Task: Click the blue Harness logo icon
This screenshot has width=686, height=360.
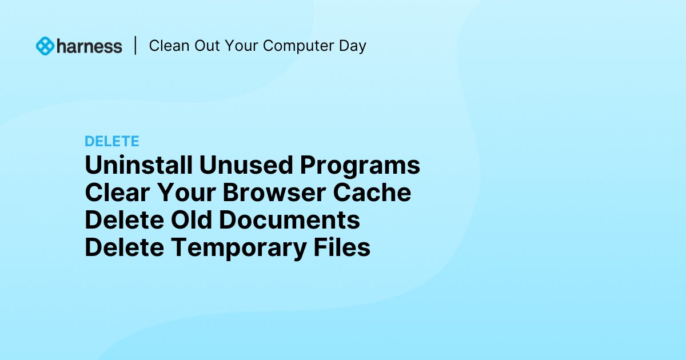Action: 45,46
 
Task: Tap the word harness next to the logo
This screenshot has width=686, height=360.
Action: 89,46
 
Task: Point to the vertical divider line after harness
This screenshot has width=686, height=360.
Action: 135,46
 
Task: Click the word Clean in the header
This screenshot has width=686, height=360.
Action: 167,46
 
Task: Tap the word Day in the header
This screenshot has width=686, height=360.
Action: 353,46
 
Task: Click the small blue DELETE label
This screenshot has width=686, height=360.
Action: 112,141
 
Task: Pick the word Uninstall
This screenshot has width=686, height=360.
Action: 138,166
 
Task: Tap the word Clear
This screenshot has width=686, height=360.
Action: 117,193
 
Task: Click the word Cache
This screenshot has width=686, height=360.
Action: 372,193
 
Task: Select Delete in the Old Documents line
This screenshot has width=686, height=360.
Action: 124,221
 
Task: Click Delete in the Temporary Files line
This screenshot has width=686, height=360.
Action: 124,248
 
